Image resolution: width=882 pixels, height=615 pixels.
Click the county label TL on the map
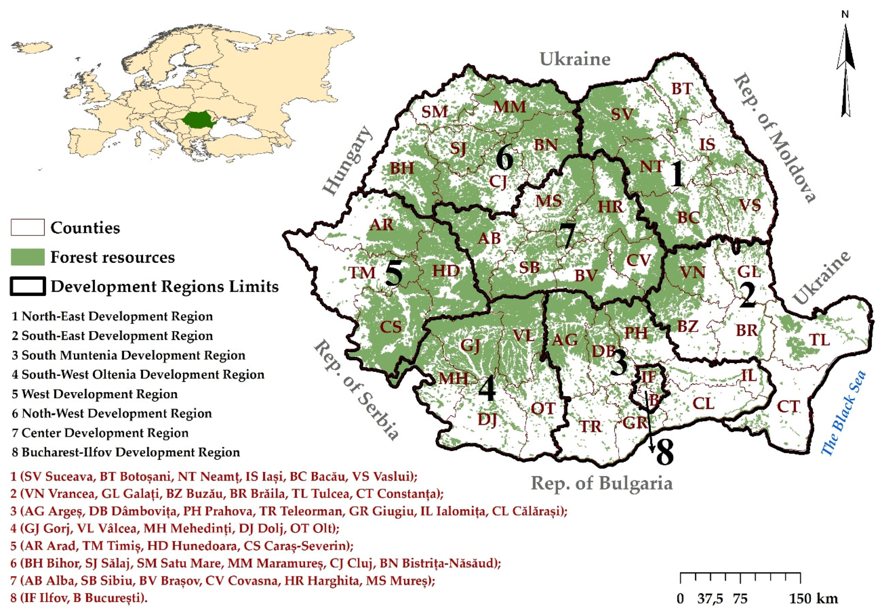(819, 340)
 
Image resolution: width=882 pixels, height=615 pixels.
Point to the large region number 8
(665, 452)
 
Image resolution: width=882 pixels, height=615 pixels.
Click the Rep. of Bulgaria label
(602, 483)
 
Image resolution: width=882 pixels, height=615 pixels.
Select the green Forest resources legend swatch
(27, 257)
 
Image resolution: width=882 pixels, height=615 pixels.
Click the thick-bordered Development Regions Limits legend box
(28, 286)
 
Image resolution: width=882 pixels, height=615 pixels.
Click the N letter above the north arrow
(845, 14)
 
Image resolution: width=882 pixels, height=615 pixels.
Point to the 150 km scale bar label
(814, 599)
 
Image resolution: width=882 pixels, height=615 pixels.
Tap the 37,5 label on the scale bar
(710, 599)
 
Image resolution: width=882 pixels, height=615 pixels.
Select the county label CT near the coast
(788, 406)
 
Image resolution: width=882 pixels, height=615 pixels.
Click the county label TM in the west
(362, 273)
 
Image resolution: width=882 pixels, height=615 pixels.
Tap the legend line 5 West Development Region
(94, 394)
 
